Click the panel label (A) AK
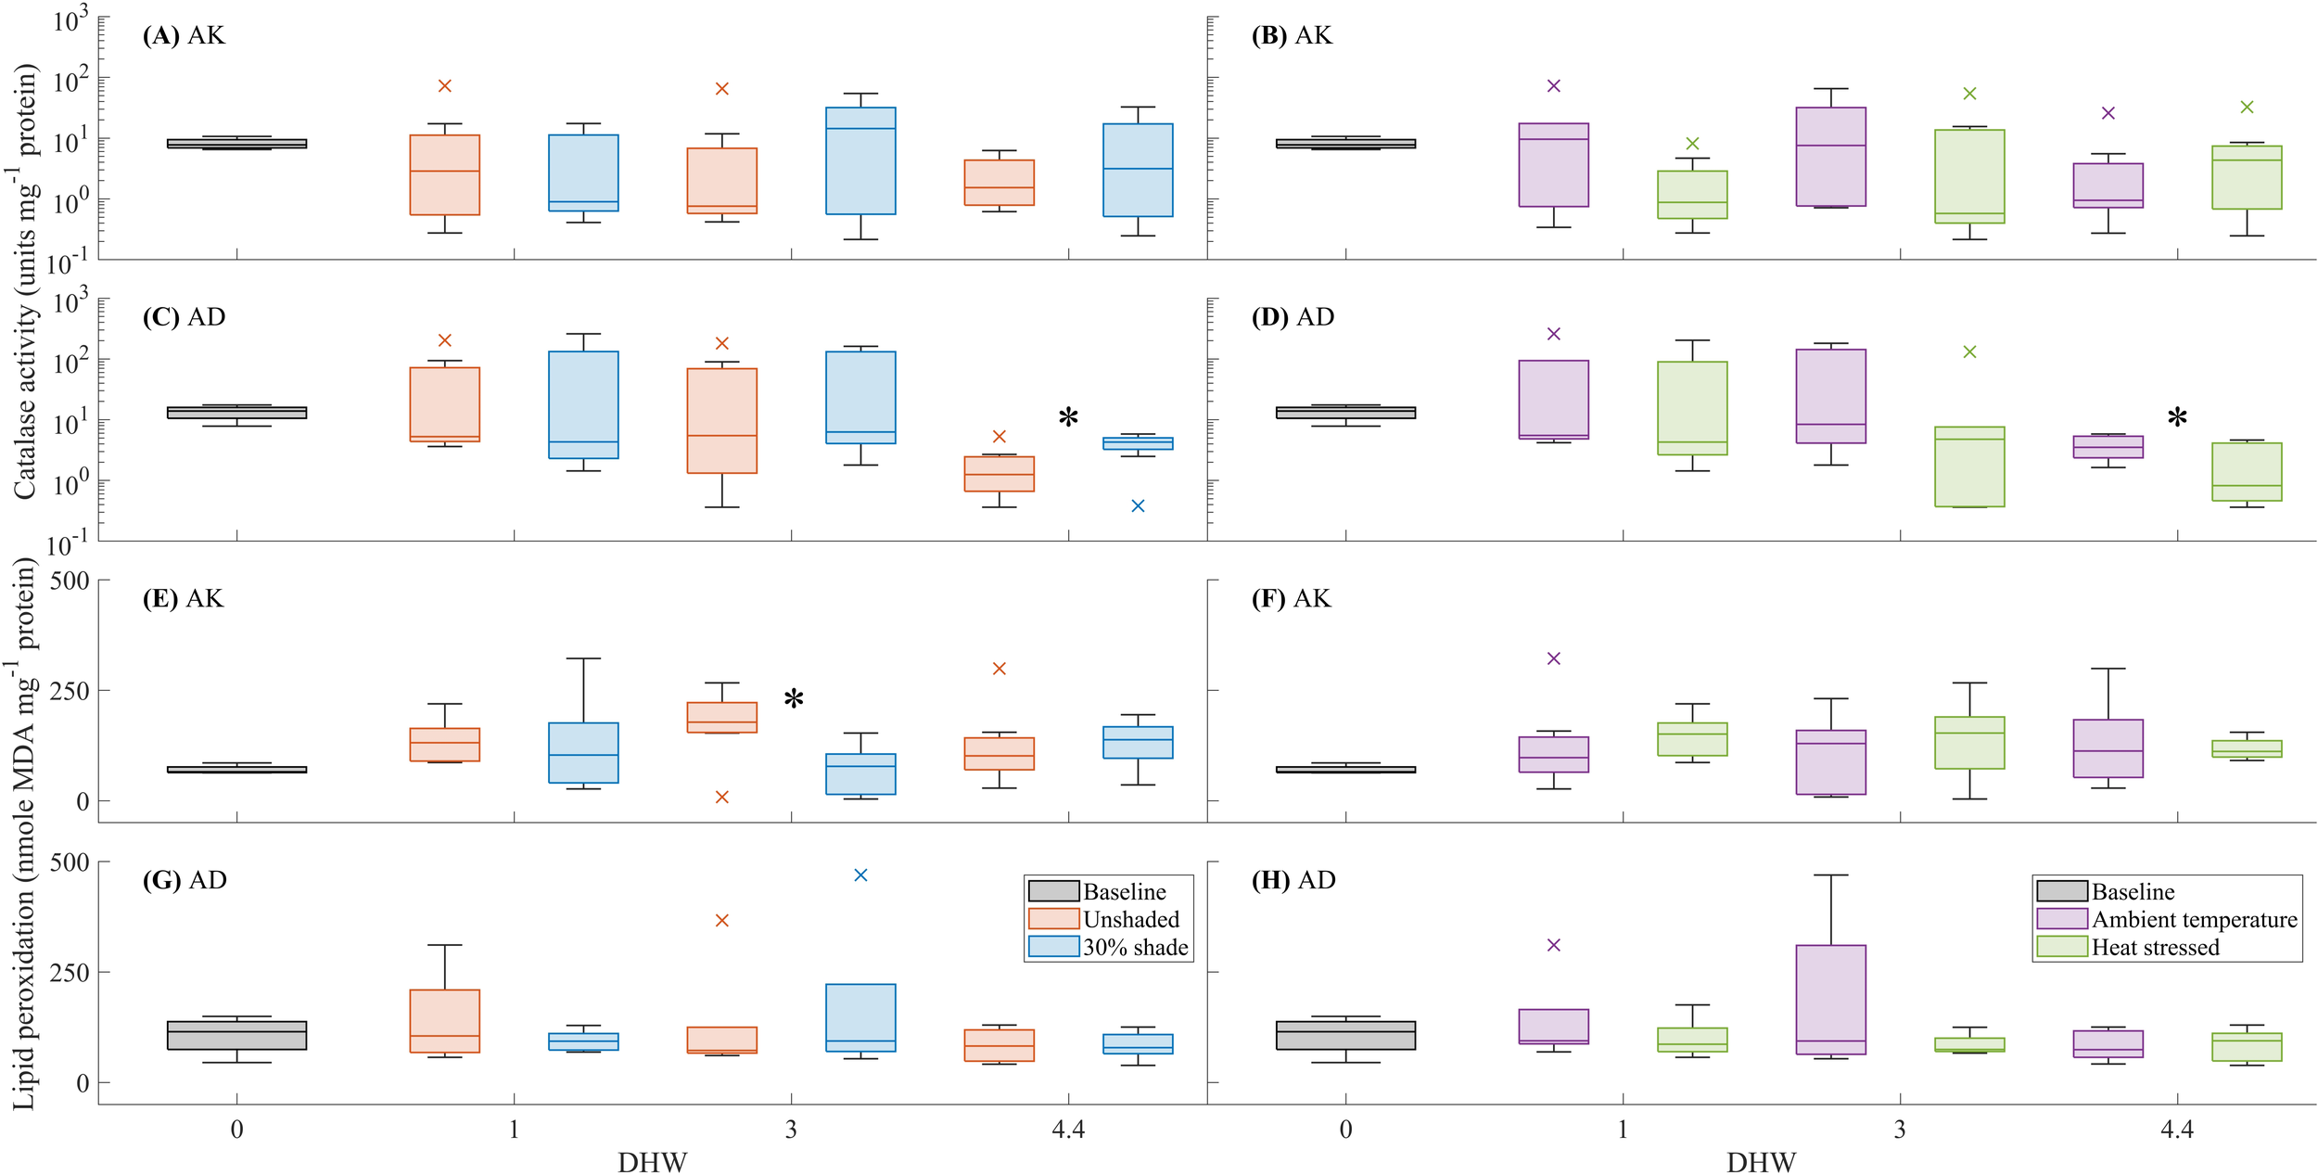184,35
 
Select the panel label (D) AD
1293,317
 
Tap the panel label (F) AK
1291,599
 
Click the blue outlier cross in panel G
860,875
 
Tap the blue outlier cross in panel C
1138,506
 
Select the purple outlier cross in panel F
1554,659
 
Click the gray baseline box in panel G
236,1035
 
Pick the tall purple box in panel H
1831,1000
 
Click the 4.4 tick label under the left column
1068,1130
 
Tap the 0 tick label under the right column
1345,1130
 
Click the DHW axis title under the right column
1761,1162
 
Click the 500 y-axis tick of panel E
70,581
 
